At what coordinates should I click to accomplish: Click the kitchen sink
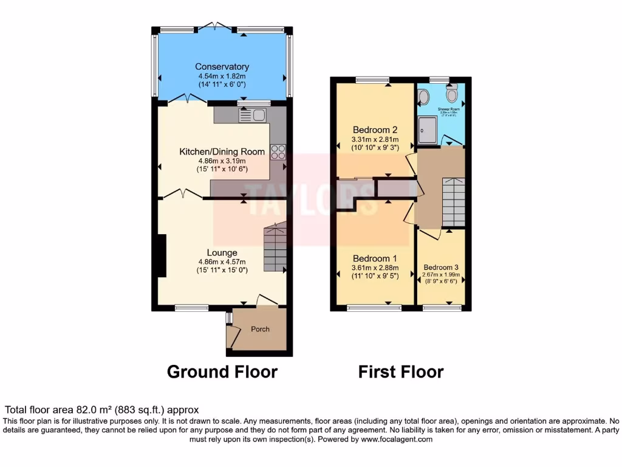(253, 114)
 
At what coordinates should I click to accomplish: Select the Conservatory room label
(222, 66)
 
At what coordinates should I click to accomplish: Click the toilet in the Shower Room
(451, 94)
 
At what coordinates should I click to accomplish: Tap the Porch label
(260, 329)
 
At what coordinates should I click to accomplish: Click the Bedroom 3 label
(441, 268)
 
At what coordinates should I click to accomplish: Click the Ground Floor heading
(222, 372)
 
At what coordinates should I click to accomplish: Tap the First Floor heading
(401, 372)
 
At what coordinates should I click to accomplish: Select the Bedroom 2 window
(372, 79)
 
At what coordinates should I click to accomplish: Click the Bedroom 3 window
(440, 308)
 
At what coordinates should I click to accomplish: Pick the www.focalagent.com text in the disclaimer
(396, 439)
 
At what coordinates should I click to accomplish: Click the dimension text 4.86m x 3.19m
(222, 161)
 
